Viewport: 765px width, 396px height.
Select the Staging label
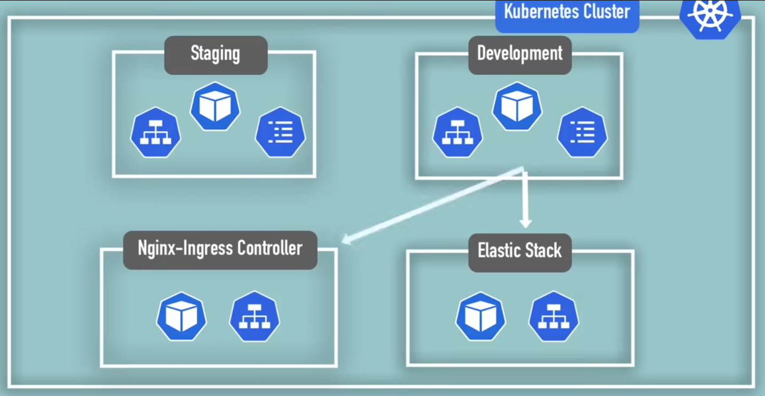pyautogui.click(x=216, y=54)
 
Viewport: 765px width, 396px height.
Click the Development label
pyautogui.click(x=520, y=54)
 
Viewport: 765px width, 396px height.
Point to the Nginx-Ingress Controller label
pyautogui.click(x=220, y=249)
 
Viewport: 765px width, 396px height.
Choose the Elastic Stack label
pyautogui.click(x=520, y=251)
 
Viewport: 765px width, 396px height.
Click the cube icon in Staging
pyautogui.click(x=215, y=107)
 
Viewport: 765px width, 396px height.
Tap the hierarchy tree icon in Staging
pyautogui.click(x=155, y=132)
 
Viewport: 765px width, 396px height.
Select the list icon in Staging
pyautogui.click(x=281, y=132)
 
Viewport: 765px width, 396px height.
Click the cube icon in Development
pyautogui.click(x=517, y=106)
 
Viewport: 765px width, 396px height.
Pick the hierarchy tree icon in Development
pyautogui.click(x=457, y=132)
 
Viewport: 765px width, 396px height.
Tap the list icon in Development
pyautogui.click(x=583, y=132)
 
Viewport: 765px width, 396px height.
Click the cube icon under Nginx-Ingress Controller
pyautogui.click(x=181, y=316)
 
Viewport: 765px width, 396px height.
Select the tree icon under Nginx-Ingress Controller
pyautogui.click(x=254, y=316)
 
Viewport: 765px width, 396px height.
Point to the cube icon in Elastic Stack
pyautogui.click(x=481, y=316)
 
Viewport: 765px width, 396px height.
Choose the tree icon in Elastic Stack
pyautogui.click(x=554, y=316)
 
